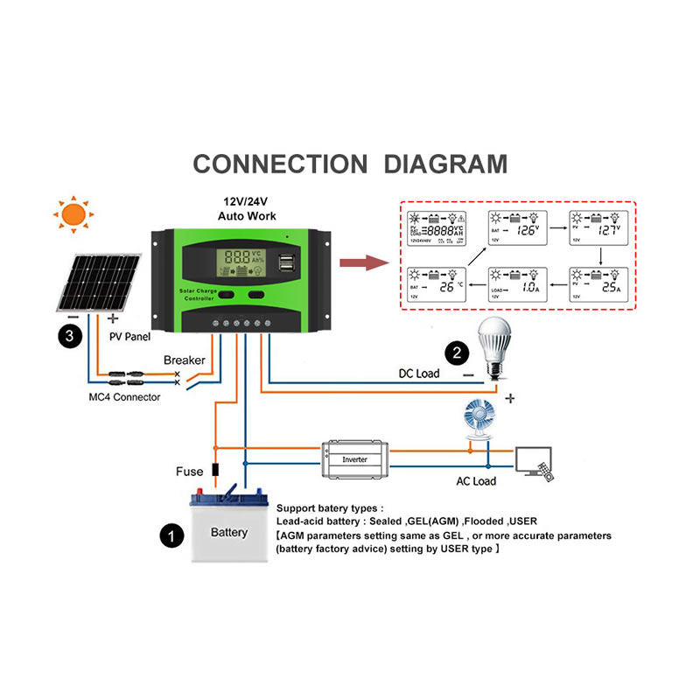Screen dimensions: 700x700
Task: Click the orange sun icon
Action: [73, 214]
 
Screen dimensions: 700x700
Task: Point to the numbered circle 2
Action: [455, 353]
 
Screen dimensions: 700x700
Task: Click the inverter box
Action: [355, 458]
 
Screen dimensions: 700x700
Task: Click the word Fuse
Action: [190, 472]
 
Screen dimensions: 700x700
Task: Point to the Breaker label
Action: [185, 360]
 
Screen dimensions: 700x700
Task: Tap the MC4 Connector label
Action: [125, 397]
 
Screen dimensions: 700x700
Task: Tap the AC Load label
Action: [476, 481]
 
